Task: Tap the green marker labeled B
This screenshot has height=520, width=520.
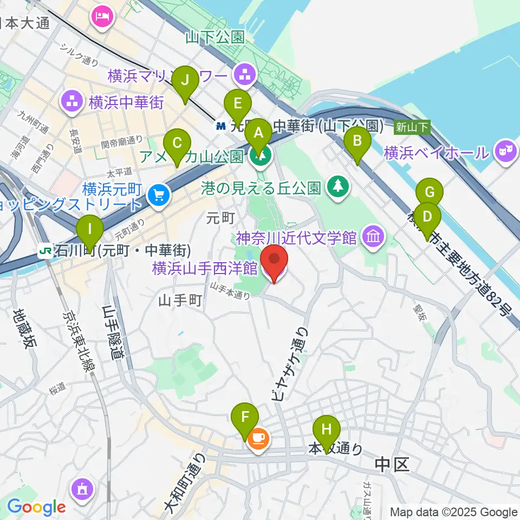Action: point(357,142)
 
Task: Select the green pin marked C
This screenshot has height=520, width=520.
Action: point(177,144)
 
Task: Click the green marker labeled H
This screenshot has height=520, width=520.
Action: point(327,430)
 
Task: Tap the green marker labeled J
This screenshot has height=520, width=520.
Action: point(186,81)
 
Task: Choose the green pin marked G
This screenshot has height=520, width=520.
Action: point(430,193)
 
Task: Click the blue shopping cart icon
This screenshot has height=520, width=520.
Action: point(159,193)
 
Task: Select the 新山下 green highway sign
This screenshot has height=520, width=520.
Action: point(412,127)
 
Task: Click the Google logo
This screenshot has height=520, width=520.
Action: point(36,507)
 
